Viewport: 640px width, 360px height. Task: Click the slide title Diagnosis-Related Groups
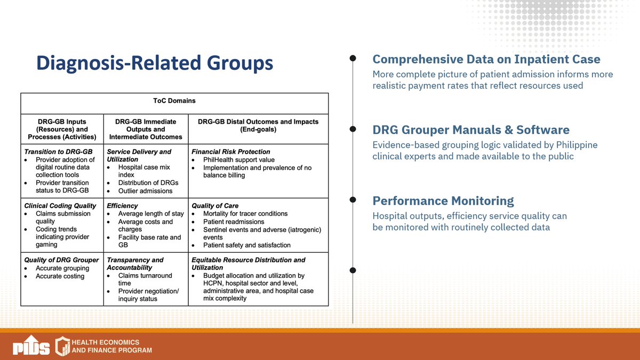tap(154, 63)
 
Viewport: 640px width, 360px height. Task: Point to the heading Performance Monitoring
tap(443, 201)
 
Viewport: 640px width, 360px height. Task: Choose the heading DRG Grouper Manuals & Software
tap(470, 130)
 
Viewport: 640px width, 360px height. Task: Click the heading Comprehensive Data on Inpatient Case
tap(486, 59)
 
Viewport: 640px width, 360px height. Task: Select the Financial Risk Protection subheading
tap(230, 152)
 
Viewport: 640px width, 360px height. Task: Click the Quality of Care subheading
tap(214, 206)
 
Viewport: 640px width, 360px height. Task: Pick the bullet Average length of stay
tap(150, 214)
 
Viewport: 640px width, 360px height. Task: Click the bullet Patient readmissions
tap(234, 221)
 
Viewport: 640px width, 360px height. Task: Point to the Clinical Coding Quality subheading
tap(60, 206)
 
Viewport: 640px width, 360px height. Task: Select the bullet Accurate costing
tap(60, 276)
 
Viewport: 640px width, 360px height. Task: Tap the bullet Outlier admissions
tap(145, 191)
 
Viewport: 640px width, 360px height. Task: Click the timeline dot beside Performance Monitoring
tap(353, 199)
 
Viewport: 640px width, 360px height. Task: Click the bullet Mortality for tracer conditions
tap(245, 213)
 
